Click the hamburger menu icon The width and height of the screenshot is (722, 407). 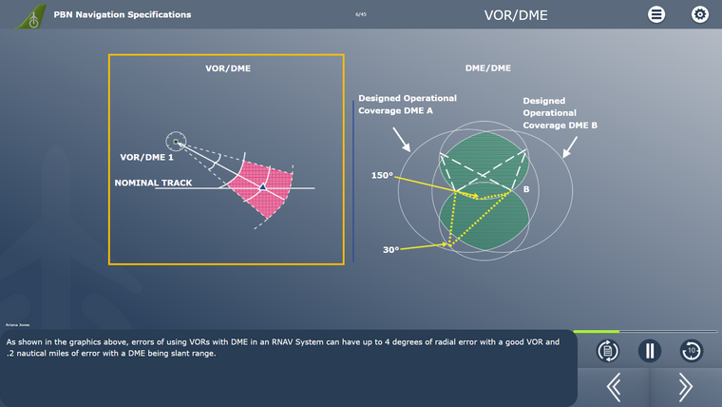[656, 14]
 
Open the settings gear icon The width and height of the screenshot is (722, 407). [700, 14]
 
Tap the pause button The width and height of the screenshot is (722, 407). [649, 351]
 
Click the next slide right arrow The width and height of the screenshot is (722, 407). [685, 386]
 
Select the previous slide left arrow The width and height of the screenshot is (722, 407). [614, 386]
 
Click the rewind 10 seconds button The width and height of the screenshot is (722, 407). [692, 351]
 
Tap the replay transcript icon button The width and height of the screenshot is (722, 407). [608, 351]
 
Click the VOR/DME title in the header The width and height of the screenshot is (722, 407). [516, 15]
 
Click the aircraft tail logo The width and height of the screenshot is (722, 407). [32, 15]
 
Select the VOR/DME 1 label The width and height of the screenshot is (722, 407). [146, 157]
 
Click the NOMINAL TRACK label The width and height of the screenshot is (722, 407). [153, 183]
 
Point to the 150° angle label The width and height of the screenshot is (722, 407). [382, 175]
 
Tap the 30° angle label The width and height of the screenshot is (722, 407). [390, 250]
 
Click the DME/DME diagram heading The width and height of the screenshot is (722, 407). [487, 68]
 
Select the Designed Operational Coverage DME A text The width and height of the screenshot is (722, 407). [407, 104]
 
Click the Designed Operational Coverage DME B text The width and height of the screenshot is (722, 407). [560, 112]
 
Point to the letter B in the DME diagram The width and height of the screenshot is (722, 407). [525, 189]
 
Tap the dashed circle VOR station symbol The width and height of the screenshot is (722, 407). [176, 142]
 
